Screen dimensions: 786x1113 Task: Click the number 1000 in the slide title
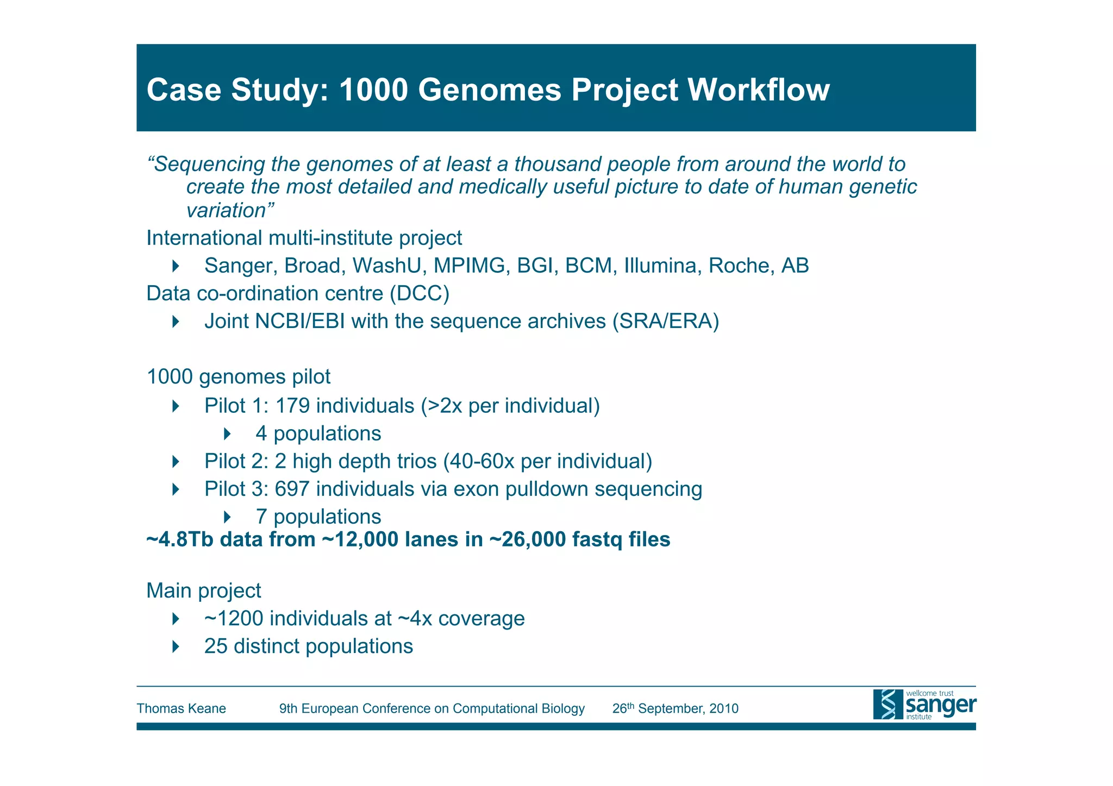click(x=373, y=90)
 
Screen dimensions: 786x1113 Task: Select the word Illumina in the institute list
click(x=662, y=266)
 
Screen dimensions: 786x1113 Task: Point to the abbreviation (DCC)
click(x=419, y=293)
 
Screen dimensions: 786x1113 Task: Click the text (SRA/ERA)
click(x=665, y=321)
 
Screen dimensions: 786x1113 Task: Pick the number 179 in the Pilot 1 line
click(x=292, y=406)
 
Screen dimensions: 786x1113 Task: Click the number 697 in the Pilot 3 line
click(x=292, y=489)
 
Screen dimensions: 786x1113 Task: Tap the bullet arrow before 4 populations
click(x=227, y=433)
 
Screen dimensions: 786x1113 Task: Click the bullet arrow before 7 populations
click(x=227, y=517)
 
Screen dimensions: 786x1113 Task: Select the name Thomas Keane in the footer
click(x=181, y=709)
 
